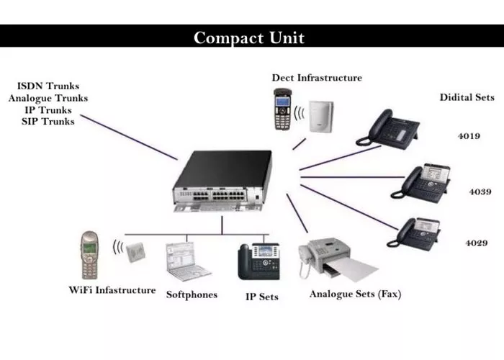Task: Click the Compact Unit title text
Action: click(249, 37)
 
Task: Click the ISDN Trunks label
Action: click(49, 86)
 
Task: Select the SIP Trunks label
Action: click(49, 121)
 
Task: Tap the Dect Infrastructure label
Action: click(317, 77)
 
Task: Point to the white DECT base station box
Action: click(317, 114)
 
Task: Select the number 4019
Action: click(469, 135)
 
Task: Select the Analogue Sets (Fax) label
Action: click(355, 294)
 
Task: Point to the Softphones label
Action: click(192, 294)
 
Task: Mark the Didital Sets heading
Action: click(467, 97)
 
